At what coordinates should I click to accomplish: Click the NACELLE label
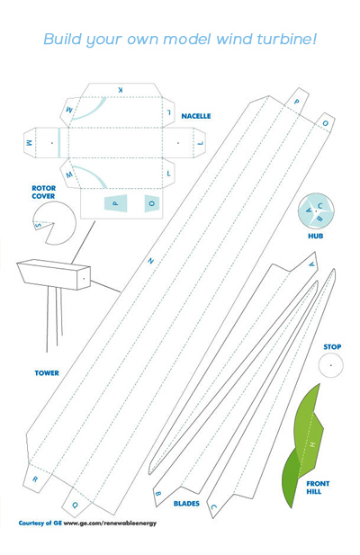(196, 116)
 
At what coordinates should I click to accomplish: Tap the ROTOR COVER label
(43, 192)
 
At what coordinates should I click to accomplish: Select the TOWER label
(47, 373)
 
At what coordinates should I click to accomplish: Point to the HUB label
(315, 236)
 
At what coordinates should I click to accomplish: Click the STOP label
(332, 347)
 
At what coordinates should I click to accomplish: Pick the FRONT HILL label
(318, 488)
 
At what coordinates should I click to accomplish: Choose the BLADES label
(186, 504)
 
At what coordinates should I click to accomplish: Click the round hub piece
(316, 211)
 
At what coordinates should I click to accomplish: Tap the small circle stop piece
(330, 365)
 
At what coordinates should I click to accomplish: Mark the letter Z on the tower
(151, 261)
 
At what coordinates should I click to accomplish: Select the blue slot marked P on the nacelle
(115, 203)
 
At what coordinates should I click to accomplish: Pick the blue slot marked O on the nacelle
(152, 203)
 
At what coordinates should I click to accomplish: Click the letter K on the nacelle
(120, 90)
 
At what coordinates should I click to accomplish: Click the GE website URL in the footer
(110, 523)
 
